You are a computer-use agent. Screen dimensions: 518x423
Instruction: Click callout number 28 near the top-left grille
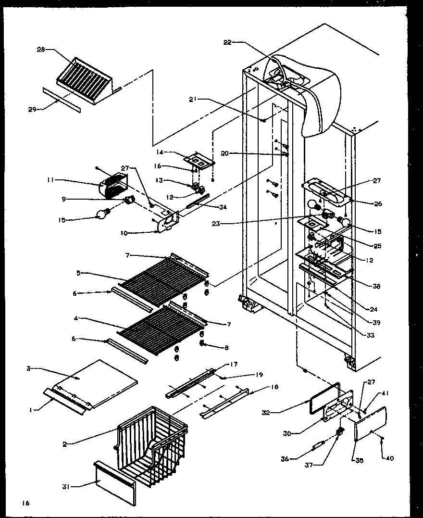[40, 49]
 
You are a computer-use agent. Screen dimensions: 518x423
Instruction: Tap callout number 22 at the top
[227, 42]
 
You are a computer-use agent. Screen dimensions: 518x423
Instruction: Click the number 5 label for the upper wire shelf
[78, 273]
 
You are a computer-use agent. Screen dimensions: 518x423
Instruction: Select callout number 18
[274, 387]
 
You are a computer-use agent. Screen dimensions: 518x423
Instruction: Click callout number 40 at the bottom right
[390, 458]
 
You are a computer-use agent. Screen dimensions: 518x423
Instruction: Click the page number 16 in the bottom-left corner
[25, 503]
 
